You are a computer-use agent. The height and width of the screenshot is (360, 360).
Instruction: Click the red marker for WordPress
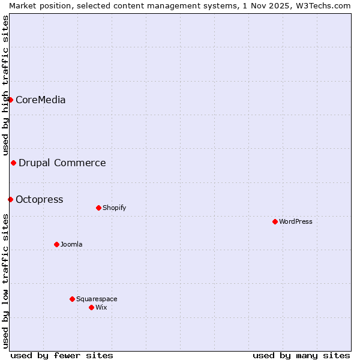(275, 221)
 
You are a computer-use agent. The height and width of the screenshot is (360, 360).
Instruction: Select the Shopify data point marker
(98, 208)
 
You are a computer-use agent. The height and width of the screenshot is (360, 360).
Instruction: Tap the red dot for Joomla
(56, 244)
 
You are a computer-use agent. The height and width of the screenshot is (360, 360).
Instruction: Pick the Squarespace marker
(72, 299)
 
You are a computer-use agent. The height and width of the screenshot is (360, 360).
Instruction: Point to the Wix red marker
(91, 307)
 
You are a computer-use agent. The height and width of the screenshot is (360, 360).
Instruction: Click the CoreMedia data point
(10, 100)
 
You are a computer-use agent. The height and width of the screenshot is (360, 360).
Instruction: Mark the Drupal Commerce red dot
(13, 163)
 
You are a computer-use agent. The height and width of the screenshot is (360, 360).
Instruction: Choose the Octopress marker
(10, 199)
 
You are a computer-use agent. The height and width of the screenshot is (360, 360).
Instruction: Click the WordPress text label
(296, 221)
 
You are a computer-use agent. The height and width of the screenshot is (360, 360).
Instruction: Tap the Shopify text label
(114, 208)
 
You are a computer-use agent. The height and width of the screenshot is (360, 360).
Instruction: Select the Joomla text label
(71, 244)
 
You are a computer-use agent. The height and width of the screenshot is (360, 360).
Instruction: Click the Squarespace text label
(97, 299)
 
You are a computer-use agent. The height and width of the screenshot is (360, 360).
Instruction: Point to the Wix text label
(101, 307)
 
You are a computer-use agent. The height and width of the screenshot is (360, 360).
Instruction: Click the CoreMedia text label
(40, 100)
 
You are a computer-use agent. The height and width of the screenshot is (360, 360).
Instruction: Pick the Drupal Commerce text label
(62, 163)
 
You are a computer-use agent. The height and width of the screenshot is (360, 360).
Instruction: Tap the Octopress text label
(39, 199)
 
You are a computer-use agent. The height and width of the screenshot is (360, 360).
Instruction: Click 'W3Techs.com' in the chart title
(326, 5)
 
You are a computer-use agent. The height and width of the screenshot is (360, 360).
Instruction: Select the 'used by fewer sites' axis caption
(62, 355)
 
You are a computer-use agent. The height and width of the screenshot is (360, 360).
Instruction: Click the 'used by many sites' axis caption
(301, 355)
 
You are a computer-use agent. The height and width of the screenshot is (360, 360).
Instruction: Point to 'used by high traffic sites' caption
(5, 86)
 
